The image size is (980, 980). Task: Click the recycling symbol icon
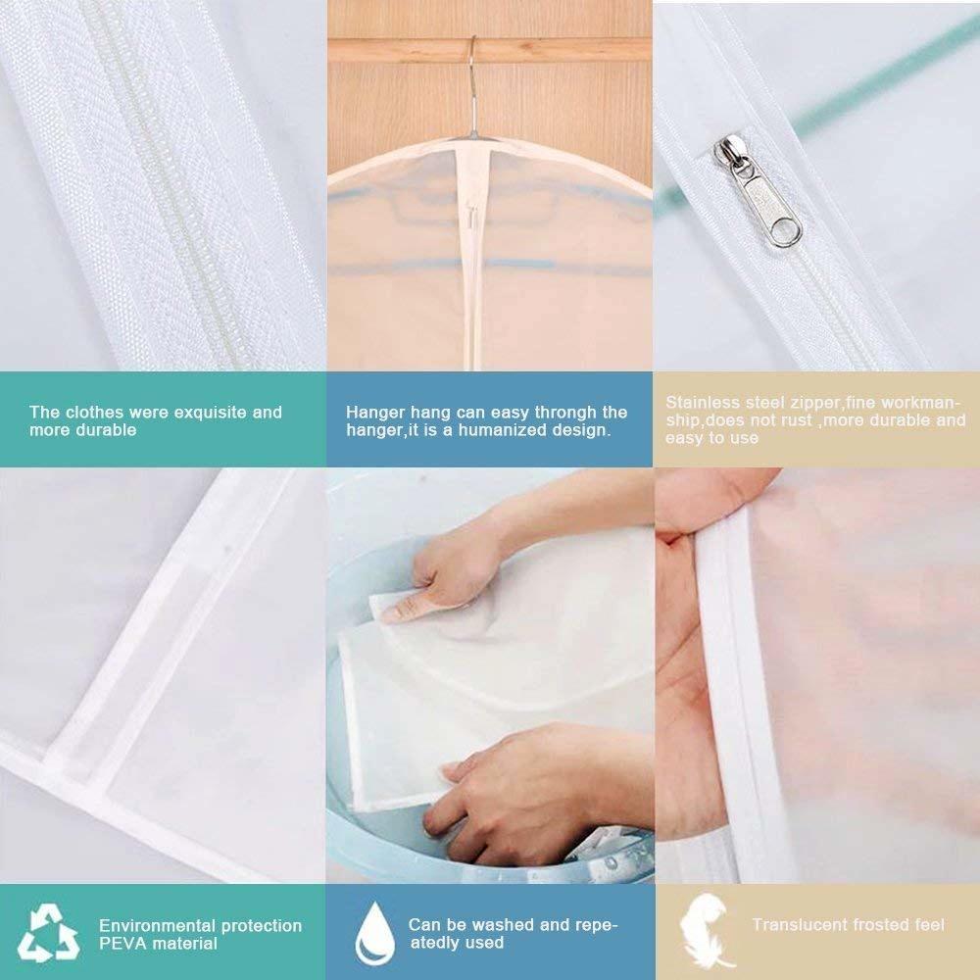48,933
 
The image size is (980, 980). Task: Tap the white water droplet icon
371,932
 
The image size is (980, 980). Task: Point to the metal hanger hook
472,78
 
